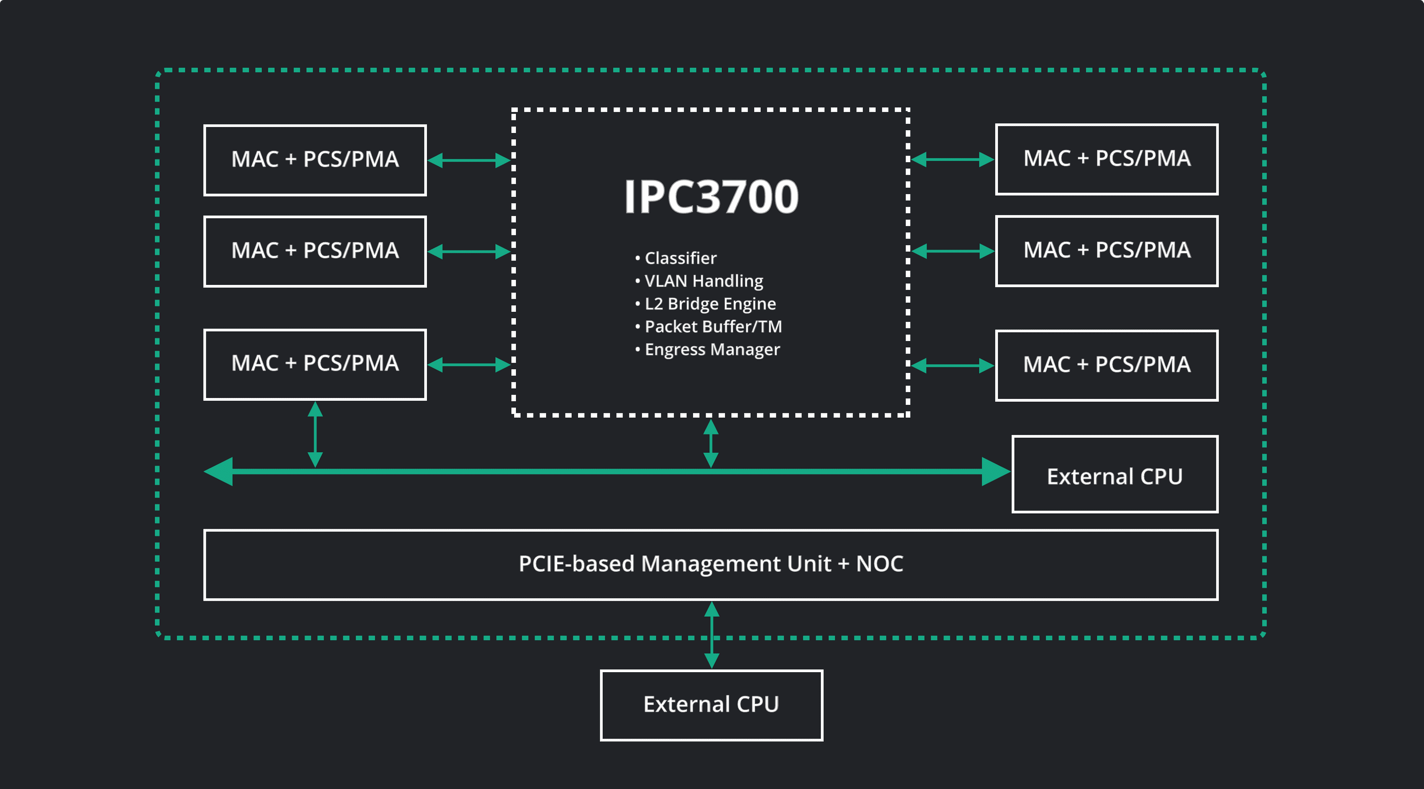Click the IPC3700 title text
(x=711, y=197)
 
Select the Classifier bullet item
(x=680, y=258)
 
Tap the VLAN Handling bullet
(x=703, y=281)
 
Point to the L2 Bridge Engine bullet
(x=709, y=304)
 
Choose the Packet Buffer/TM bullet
(x=712, y=327)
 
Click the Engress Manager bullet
(x=711, y=349)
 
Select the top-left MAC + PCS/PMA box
(x=315, y=160)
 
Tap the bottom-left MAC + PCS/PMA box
(x=315, y=364)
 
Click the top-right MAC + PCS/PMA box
(x=1106, y=159)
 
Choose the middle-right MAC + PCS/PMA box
(x=1106, y=251)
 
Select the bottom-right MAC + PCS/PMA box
(x=1106, y=365)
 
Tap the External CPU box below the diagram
(x=711, y=705)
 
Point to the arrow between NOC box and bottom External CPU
(x=712, y=635)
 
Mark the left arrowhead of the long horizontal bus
(x=219, y=471)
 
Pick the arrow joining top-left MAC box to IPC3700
(x=469, y=160)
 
